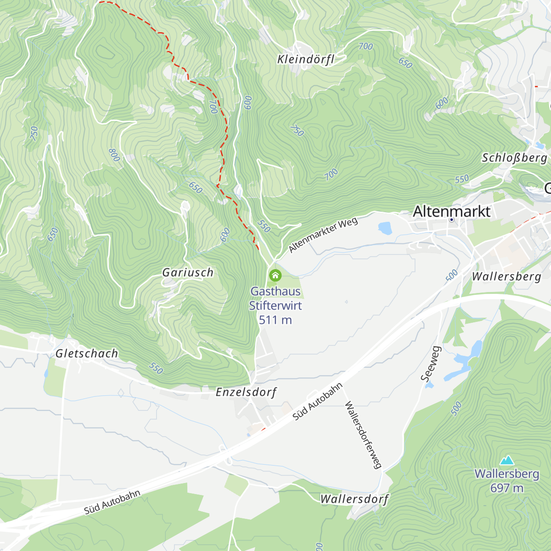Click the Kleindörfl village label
click(x=305, y=59)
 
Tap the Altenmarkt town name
click(x=452, y=211)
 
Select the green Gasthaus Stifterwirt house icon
click(x=275, y=275)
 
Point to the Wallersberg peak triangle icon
click(x=507, y=460)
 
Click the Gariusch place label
click(x=188, y=273)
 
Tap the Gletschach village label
click(x=87, y=354)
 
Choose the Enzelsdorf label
click(x=246, y=392)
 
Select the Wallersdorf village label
click(x=354, y=499)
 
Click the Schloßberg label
click(x=514, y=158)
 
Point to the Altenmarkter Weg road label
click(x=323, y=235)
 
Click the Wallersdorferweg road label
click(x=363, y=435)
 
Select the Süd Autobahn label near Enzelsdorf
click(x=318, y=401)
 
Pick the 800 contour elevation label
click(x=114, y=155)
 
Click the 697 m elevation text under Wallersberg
click(x=506, y=488)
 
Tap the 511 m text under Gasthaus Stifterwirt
click(x=275, y=320)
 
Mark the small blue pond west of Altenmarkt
click(x=385, y=227)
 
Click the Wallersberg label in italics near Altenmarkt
click(x=506, y=277)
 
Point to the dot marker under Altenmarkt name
click(x=452, y=220)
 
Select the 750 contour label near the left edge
click(x=34, y=133)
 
